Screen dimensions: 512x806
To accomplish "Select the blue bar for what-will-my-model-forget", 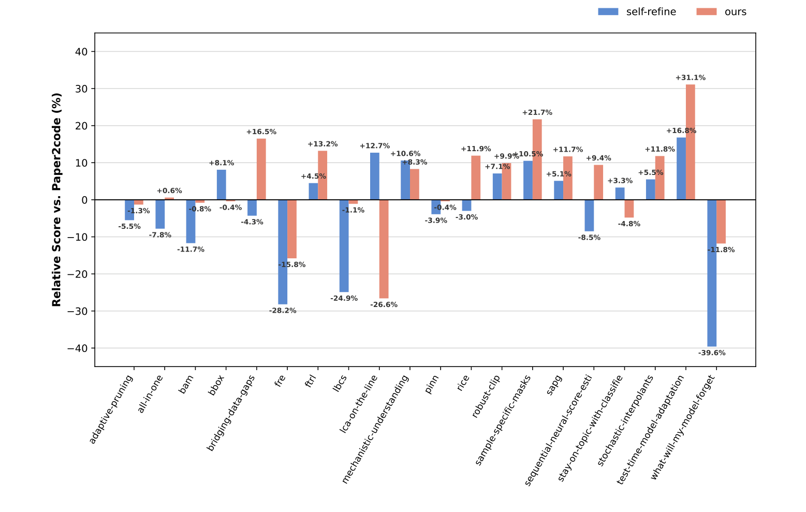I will (x=712, y=273).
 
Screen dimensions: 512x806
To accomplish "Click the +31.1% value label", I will (x=690, y=78).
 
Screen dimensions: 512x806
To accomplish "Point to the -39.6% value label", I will (x=712, y=353).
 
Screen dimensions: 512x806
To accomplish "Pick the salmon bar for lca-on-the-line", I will (x=384, y=249).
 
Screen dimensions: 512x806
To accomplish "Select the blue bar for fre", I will (x=283, y=252).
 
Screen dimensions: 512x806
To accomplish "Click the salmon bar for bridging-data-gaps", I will (x=261, y=169).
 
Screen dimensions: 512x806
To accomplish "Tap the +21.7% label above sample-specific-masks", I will (x=537, y=112).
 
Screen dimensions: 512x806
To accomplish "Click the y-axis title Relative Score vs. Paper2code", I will (x=57, y=199).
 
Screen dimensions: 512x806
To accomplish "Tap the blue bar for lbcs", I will (x=344, y=246).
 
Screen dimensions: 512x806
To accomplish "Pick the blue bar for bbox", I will (x=221, y=185).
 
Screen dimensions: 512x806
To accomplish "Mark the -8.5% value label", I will (x=589, y=238).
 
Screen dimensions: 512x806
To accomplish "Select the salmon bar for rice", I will (x=476, y=178).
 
